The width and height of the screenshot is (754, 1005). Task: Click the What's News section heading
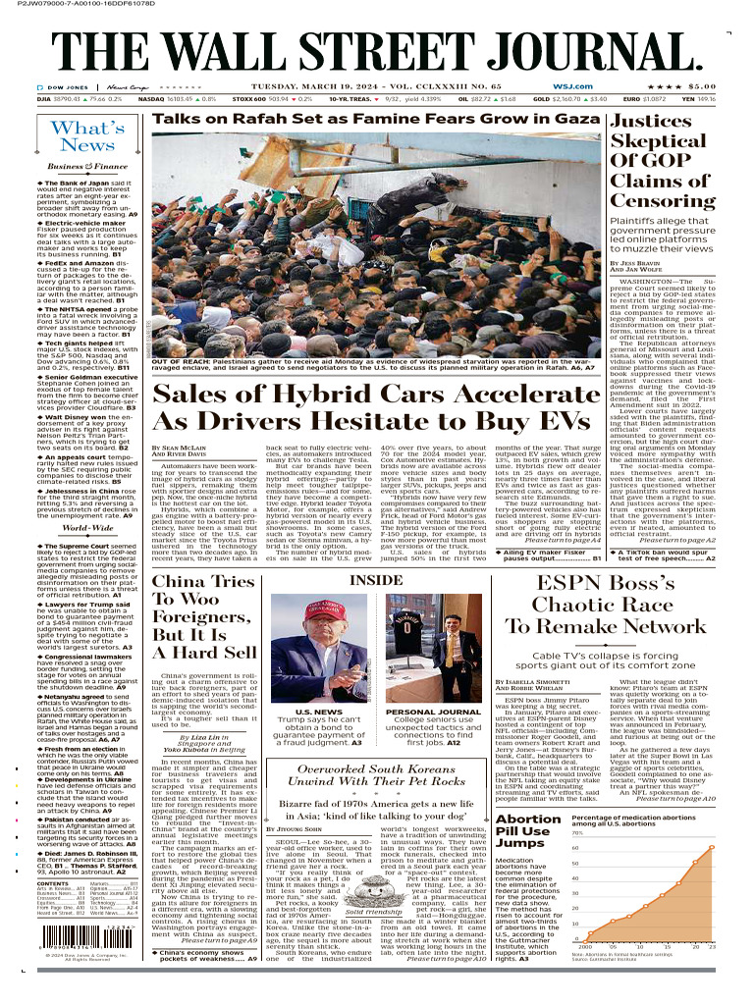point(87,136)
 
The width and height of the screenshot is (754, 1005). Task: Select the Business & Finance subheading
point(87,167)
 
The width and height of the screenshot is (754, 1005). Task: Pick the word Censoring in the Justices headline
point(663,200)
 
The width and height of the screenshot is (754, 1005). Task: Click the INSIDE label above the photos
point(377,580)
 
